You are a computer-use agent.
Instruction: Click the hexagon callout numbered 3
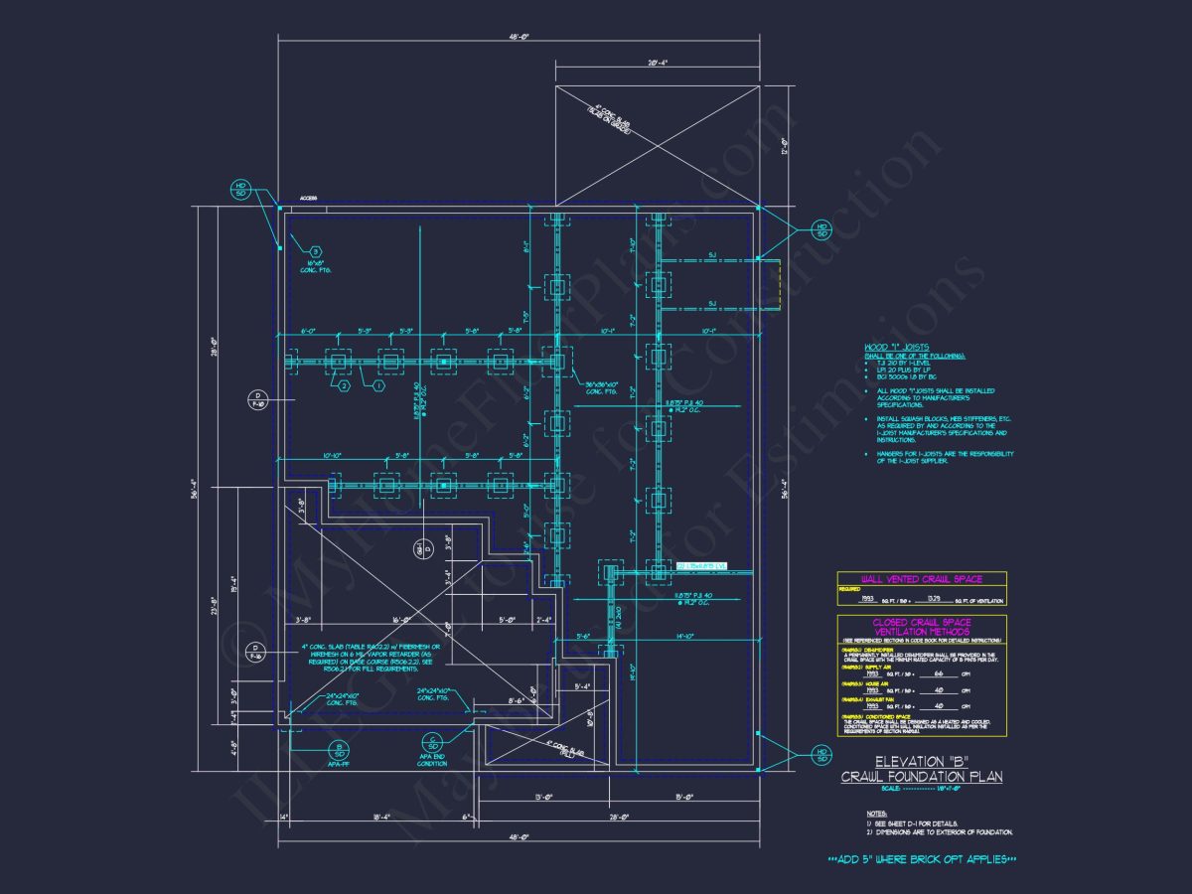316,251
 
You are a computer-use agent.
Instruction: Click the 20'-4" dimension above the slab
657,63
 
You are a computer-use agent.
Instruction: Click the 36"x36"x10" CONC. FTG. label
601,387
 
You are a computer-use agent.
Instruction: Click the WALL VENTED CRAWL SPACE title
921,578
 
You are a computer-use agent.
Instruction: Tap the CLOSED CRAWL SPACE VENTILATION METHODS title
921,627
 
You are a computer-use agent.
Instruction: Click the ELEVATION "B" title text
921,762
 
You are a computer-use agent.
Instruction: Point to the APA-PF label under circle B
340,765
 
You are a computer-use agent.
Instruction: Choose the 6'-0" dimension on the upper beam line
308,330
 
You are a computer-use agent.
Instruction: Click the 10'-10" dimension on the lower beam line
332,456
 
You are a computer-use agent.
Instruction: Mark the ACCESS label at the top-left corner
308,199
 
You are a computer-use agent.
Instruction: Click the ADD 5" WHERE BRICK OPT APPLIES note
923,858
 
